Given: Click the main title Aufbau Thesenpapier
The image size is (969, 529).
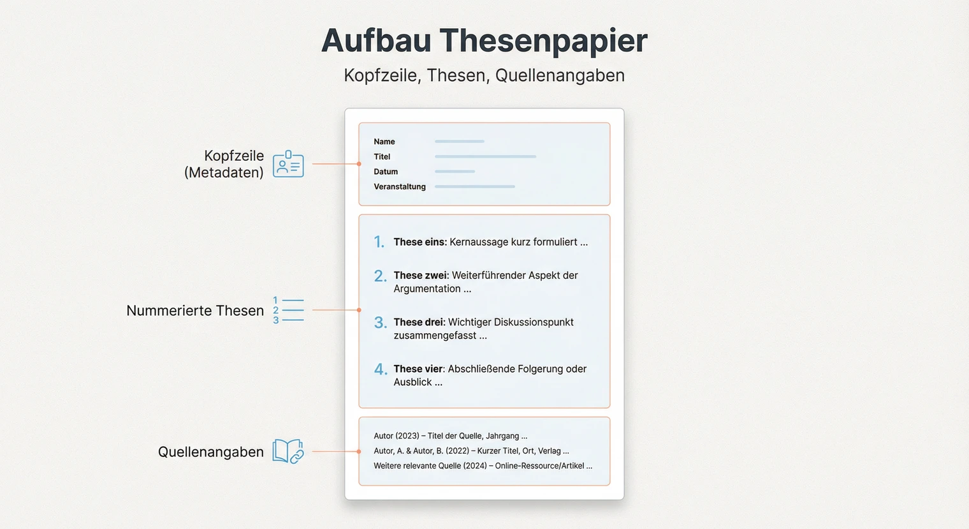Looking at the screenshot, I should point(484,40).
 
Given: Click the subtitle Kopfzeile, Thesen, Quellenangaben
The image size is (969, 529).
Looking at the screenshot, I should point(484,75).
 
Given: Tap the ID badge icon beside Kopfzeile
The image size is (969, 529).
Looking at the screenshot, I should point(288,164).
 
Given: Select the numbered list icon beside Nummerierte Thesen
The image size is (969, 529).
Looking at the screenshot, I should point(288,310).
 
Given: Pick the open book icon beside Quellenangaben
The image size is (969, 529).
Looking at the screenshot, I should point(288,451).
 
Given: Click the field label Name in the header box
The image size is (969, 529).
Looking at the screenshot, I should point(384,142).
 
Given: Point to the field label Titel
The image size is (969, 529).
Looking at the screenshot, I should point(382,157).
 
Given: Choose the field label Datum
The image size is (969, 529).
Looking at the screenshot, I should point(386,172).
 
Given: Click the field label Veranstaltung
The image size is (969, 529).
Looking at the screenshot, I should point(400,187).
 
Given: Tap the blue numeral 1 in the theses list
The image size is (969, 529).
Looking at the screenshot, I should point(379,242).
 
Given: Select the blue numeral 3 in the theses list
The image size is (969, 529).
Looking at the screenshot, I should point(380,323).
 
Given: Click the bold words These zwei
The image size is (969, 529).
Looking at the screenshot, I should point(421,275).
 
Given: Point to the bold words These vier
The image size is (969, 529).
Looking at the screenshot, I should point(419,369).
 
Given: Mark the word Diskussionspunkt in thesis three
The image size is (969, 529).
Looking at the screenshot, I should point(534,322).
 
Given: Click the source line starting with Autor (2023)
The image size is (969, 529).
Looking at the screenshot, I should point(450,436).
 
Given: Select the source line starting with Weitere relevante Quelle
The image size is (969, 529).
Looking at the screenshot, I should point(483,466).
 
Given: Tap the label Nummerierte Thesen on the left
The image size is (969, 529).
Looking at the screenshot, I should point(195,311).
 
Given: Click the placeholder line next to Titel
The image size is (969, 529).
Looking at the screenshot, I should point(485,156).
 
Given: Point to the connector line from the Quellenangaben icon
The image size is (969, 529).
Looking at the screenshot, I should point(335,451).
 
